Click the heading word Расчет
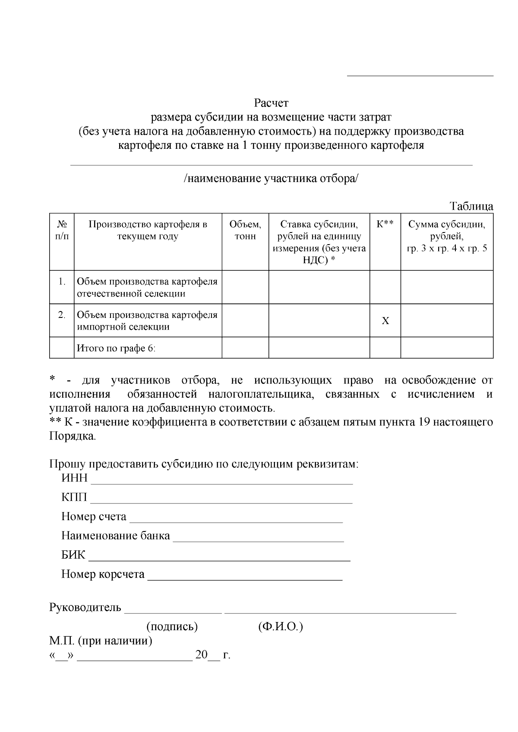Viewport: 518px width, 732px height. (271, 103)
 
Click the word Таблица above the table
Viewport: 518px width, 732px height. (471, 206)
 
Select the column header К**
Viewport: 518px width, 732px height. (385, 224)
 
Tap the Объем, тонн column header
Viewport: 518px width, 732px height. (245, 230)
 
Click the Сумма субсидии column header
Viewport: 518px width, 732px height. (447, 236)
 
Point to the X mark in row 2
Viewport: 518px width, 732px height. (385, 321)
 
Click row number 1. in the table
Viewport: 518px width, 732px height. (62, 282)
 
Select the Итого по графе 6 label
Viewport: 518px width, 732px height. (116, 348)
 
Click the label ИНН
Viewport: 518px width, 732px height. (74, 478)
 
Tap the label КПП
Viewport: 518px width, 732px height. (74, 497)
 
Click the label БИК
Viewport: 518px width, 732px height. (73, 555)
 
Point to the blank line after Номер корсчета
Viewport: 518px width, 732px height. (245, 578)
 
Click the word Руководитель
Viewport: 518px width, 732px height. (85, 607)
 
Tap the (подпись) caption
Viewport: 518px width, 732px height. (172, 626)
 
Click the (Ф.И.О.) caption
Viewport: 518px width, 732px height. (281, 626)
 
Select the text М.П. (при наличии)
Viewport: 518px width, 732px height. (101, 641)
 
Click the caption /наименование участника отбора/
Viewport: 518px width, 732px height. (271, 179)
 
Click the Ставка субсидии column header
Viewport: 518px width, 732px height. (319, 242)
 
